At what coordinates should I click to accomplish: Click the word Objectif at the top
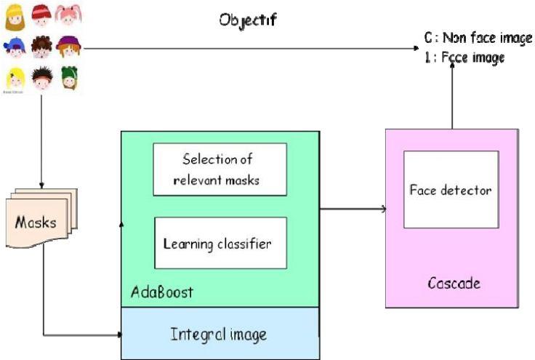pos(248,19)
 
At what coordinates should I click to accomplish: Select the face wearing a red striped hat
pos(42,15)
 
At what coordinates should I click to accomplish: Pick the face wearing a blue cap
pos(16,47)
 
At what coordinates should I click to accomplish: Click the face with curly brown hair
pos(42,47)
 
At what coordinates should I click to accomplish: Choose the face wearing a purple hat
pos(68,47)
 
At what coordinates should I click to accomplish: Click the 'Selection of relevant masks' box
pos(219,169)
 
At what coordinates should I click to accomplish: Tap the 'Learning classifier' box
pos(219,243)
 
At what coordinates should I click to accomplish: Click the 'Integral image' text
pos(219,335)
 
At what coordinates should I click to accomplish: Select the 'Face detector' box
pos(451,191)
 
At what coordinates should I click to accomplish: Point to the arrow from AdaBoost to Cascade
pos(353,209)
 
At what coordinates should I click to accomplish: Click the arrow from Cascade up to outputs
pos(451,95)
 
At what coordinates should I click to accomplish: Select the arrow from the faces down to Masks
pos(41,138)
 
